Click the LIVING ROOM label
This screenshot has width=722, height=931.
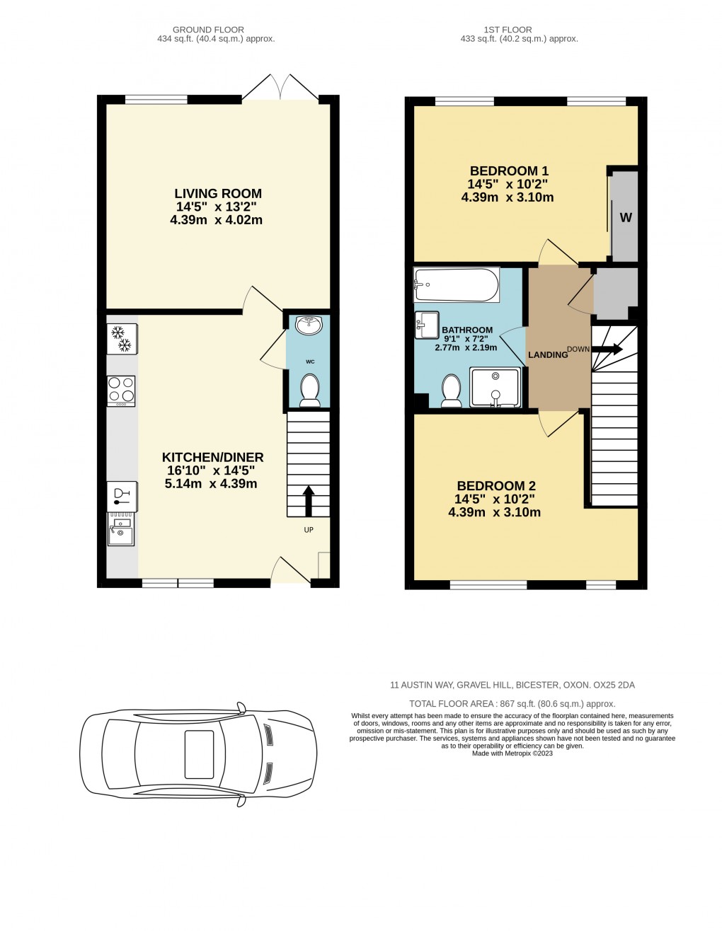pyautogui.click(x=218, y=194)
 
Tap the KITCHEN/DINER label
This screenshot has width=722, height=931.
pyautogui.click(x=212, y=458)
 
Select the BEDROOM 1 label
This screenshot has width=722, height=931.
pyautogui.click(x=509, y=171)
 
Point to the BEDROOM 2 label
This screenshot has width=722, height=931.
pyautogui.click(x=495, y=486)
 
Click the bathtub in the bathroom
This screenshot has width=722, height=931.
pyautogui.click(x=456, y=284)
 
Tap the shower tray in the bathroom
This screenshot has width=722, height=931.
pyautogui.click(x=495, y=388)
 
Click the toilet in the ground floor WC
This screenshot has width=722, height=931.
pyautogui.click(x=309, y=391)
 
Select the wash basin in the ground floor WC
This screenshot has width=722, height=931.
pyautogui.click(x=309, y=325)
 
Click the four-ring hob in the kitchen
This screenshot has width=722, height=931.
pyautogui.click(x=121, y=390)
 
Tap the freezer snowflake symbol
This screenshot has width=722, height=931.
pyautogui.click(x=121, y=338)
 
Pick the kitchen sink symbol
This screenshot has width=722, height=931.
pyautogui.click(x=120, y=529)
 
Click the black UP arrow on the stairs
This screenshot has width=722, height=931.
pyautogui.click(x=309, y=500)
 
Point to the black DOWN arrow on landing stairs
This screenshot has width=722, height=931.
pyautogui.click(x=607, y=349)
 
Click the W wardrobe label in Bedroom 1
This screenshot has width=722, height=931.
pyautogui.click(x=626, y=218)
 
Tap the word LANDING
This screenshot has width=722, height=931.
pyautogui.click(x=548, y=354)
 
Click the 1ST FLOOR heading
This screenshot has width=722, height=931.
pyautogui.click(x=508, y=30)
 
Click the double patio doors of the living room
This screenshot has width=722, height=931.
pyautogui.click(x=281, y=87)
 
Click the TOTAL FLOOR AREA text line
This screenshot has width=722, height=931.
pyautogui.click(x=512, y=704)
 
